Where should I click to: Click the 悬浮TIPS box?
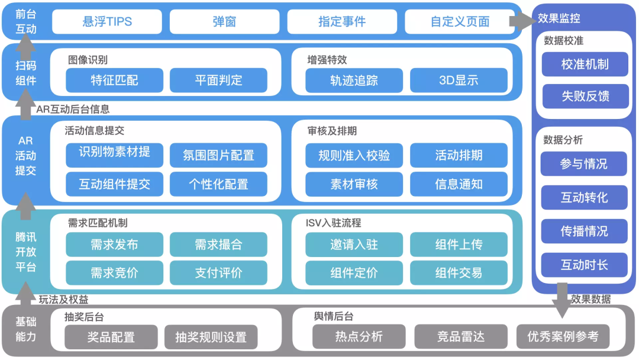point(107,22)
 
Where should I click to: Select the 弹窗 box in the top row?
point(224,22)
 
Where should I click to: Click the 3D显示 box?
point(459,81)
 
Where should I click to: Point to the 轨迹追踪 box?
point(354,81)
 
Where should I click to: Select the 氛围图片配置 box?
point(218,156)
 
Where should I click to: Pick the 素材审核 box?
point(354,184)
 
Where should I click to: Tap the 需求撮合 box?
point(218,245)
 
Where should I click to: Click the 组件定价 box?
point(354,273)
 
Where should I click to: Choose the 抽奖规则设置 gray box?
point(211,337)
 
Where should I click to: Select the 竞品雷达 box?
point(460,337)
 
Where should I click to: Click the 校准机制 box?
point(585,65)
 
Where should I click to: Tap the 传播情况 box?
point(584,231)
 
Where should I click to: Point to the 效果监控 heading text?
point(559,18)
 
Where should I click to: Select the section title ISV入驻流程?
point(333,223)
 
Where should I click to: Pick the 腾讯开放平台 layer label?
point(25,252)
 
